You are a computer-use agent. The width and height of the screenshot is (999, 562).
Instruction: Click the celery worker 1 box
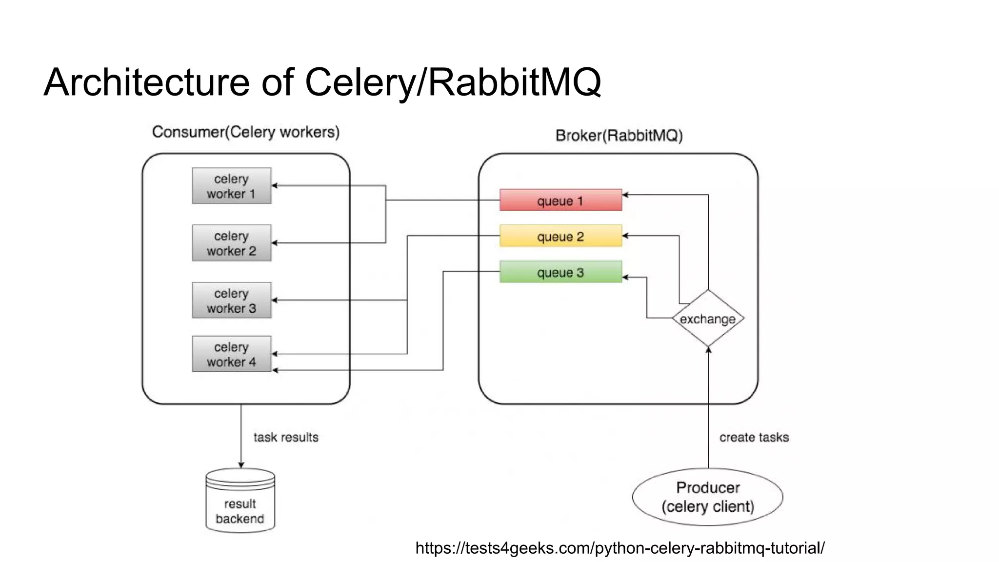pyautogui.click(x=231, y=186)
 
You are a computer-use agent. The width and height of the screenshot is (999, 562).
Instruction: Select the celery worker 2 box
pyautogui.click(x=231, y=243)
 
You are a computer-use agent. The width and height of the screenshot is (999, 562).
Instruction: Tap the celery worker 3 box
pyautogui.click(x=231, y=301)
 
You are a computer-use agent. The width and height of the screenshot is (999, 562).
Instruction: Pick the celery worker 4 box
pyautogui.click(x=231, y=354)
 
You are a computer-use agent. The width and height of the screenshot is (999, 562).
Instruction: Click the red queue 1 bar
pyautogui.click(x=560, y=201)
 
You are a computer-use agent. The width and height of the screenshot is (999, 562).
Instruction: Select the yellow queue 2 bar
pyautogui.click(x=560, y=236)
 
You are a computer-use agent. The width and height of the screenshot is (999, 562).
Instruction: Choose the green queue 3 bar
pyautogui.click(x=560, y=272)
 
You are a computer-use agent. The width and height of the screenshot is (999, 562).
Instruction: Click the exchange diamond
pyautogui.click(x=708, y=319)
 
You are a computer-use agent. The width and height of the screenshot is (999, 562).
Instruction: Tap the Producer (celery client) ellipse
pyautogui.click(x=707, y=497)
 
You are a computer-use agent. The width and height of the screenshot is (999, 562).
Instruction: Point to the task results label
pyautogui.click(x=286, y=437)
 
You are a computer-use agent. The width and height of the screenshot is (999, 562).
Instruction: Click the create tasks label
pyautogui.click(x=754, y=437)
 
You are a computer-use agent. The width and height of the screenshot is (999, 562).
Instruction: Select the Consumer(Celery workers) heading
pyautogui.click(x=245, y=132)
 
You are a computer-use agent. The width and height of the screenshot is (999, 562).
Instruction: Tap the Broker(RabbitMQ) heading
pyautogui.click(x=619, y=135)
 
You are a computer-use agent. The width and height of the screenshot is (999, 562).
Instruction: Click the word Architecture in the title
pyautogui.click(x=146, y=82)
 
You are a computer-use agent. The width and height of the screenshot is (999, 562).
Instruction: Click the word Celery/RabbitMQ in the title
pyautogui.click(x=453, y=82)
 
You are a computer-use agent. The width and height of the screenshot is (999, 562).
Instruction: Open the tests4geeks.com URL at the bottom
pyautogui.click(x=619, y=548)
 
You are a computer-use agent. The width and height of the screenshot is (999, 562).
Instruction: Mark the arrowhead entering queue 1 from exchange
pyautogui.click(x=625, y=195)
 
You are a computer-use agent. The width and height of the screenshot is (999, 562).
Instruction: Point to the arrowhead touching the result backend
pyautogui.click(x=241, y=465)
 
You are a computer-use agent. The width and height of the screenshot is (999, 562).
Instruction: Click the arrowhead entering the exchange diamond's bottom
pyautogui.click(x=708, y=350)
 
